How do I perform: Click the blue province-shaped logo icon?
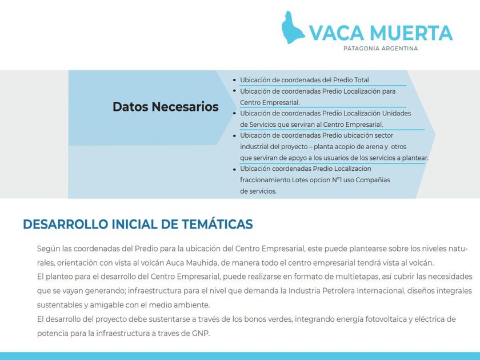(x=293, y=27)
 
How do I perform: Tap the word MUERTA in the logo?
(x=411, y=33)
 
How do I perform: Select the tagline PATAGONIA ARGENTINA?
(x=381, y=49)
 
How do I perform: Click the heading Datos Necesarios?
(x=165, y=107)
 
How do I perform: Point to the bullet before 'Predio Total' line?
(x=235, y=81)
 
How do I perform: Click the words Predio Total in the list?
(x=351, y=80)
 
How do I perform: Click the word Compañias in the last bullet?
(x=371, y=180)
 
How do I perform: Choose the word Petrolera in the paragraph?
(x=341, y=291)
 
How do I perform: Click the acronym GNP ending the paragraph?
(x=200, y=333)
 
